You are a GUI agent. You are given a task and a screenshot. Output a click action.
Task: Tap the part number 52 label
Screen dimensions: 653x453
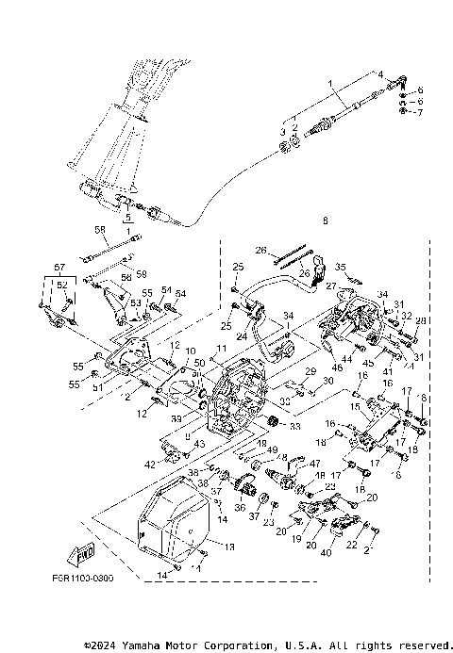pos(62,285)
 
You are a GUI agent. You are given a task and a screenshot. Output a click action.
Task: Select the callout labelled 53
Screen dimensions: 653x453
pos(135,302)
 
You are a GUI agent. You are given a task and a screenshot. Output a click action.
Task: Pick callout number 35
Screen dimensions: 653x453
pos(342,267)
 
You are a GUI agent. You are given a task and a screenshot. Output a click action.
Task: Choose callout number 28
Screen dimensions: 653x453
pos(421,321)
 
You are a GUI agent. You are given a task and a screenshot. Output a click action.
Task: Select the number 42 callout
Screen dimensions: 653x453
pos(150,465)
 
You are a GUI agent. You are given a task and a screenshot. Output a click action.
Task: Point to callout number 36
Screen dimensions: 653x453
pos(238,506)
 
